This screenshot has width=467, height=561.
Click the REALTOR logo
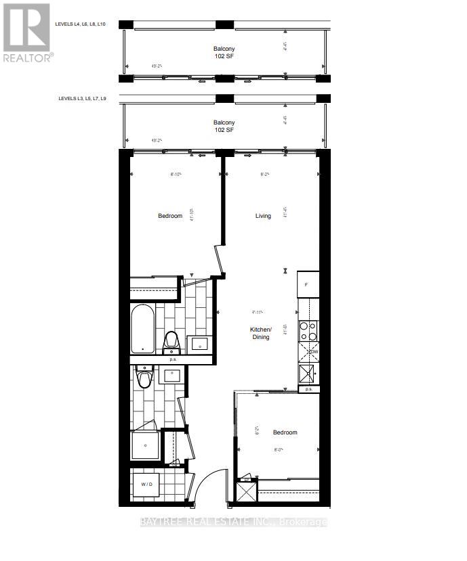[27, 32]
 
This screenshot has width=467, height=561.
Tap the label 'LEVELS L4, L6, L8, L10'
[81, 24]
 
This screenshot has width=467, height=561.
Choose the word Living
[263, 216]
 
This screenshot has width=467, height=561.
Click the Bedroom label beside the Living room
[170, 216]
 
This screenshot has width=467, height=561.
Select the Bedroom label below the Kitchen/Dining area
[285, 432]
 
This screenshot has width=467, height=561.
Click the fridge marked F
[307, 284]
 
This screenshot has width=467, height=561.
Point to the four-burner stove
[308, 330]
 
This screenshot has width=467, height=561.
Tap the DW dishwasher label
[314, 353]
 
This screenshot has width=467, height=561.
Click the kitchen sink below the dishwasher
[307, 373]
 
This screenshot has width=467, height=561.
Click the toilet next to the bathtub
[171, 342]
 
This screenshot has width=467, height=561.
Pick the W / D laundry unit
[146, 485]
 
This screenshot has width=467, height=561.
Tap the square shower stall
[144, 445]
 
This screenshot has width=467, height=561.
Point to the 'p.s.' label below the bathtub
[173, 360]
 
